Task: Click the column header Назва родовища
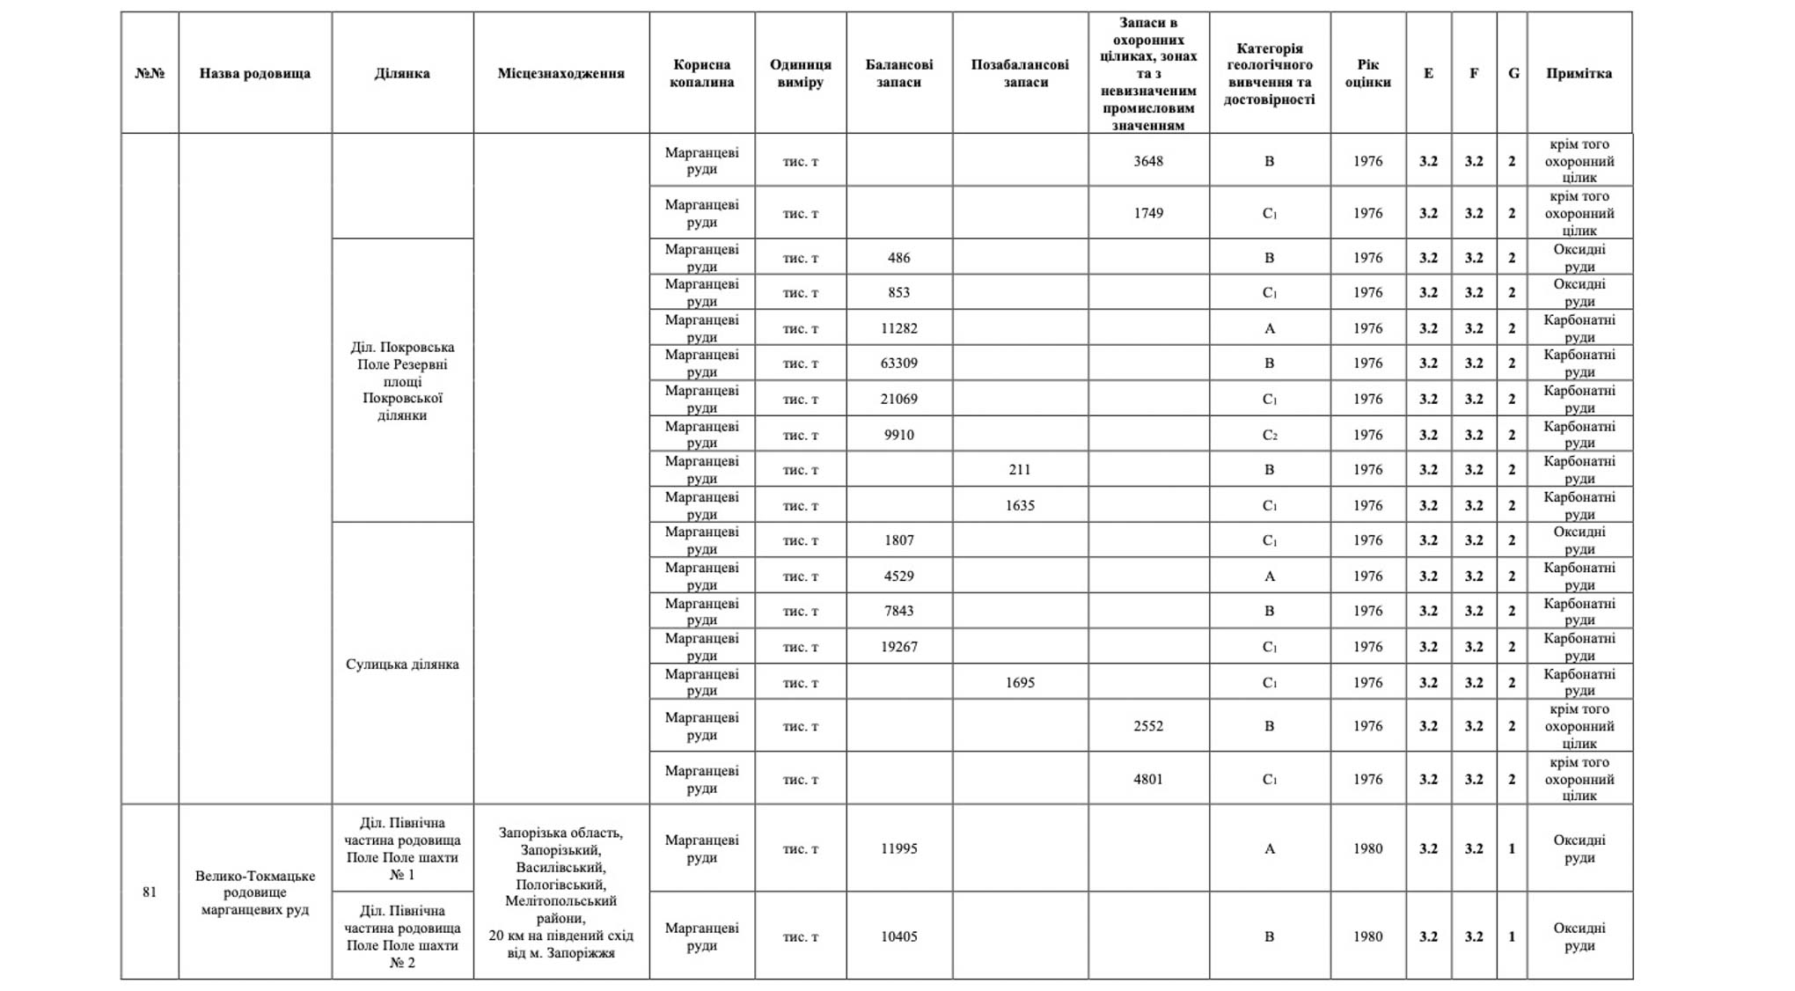point(254,73)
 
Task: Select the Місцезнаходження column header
point(560,73)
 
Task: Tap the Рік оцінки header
point(1367,73)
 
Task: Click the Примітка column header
point(1579,73)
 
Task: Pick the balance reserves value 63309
point(898,363)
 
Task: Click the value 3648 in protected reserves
point(1147,161)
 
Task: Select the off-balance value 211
point(1019,469)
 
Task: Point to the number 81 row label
point(150,892)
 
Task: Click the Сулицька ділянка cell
point(402,664)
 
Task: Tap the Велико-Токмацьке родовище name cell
point(254,892)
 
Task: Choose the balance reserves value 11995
point(898,848)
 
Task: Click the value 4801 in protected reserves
point(1147,779)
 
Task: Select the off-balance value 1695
point(1019,682)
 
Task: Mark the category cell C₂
point(1269,435)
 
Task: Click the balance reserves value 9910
point(898,435)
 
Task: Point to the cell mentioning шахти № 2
point(402,936)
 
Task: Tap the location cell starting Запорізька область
point(560,892)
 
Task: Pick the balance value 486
point(898,258)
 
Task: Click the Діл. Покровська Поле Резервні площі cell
point(402,380)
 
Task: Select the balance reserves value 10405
point(898,936)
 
